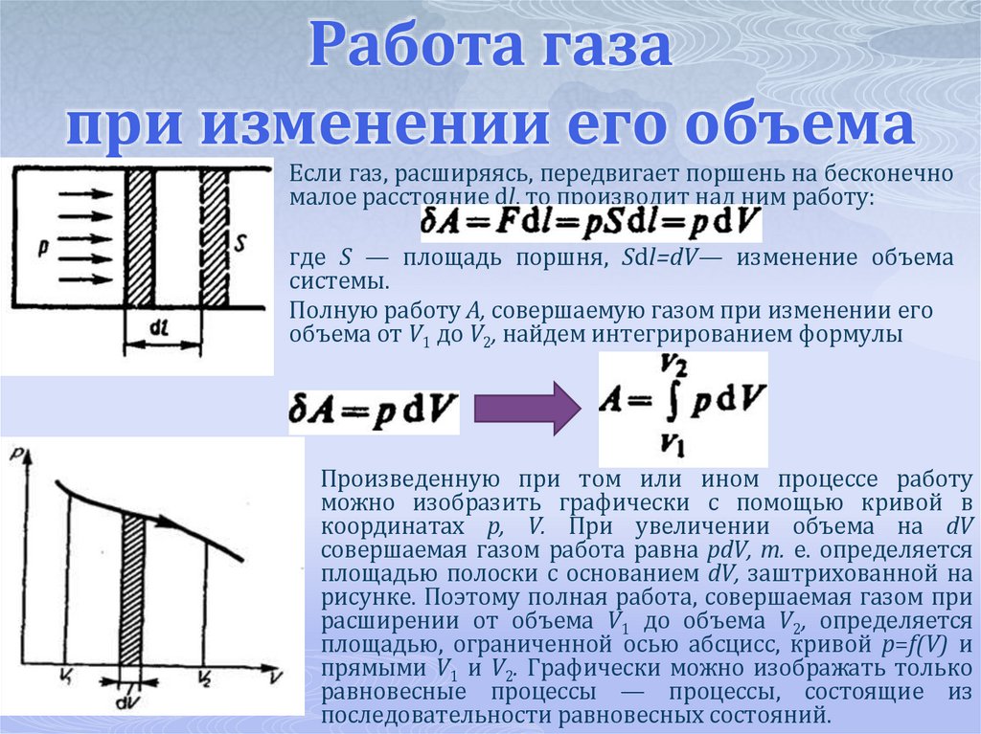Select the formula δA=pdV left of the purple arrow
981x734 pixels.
(374, 411)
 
